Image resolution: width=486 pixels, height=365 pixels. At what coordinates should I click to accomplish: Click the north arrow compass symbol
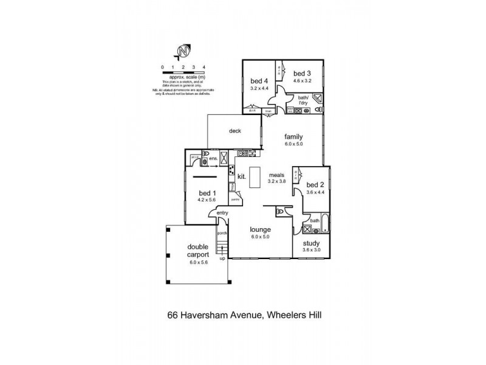coord(183,51)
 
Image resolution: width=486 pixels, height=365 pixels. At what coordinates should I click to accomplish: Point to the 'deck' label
coord(236,131)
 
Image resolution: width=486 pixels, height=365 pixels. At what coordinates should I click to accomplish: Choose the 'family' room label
coord(293,137)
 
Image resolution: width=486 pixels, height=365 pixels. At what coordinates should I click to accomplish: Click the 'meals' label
coord(277,174)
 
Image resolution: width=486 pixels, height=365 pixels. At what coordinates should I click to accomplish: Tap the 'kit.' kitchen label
coord(241,178)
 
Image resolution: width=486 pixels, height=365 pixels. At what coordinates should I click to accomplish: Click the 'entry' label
coord(222,212)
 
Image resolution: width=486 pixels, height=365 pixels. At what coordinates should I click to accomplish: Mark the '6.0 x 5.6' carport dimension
coord(198,262)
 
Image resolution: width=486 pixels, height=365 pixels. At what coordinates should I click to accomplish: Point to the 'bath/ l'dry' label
coord(304,100)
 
